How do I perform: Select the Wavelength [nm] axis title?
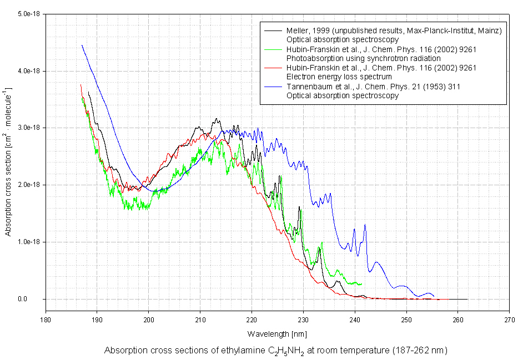(277, 334)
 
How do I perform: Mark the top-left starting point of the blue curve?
(82, 45)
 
